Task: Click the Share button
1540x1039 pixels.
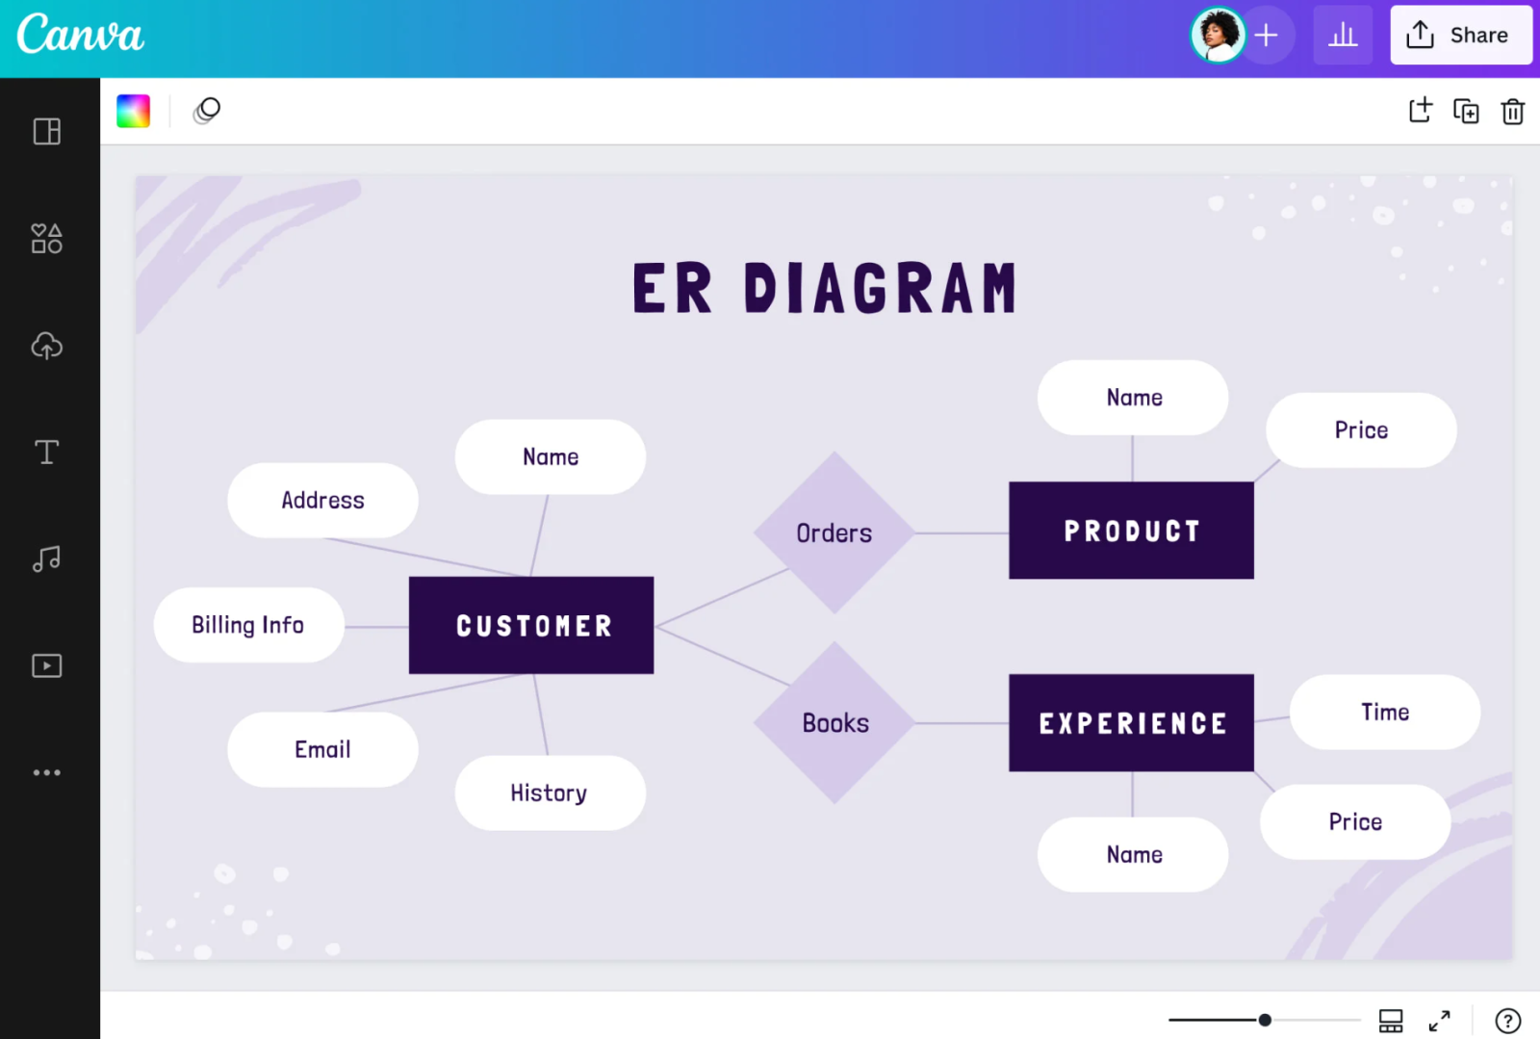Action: [x=1461, y=35]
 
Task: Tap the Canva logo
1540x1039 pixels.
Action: [x=81, y=34]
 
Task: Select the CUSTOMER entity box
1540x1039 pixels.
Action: [x=531, y=625]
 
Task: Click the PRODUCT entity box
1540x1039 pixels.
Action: [x=1132, y=531]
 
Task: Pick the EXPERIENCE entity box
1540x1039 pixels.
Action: [x=1132, y=723]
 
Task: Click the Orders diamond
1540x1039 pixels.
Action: [x=834, y=532]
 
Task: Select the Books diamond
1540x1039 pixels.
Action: [x=834, y=723]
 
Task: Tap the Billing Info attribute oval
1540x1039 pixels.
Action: [x=249, y=625]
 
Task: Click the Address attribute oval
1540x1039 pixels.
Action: [x=323, y=500]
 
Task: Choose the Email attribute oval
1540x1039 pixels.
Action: [x=323, y=749]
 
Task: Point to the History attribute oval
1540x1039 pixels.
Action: [x=550, y=792]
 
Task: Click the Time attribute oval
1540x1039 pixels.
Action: [x=1385, y=712]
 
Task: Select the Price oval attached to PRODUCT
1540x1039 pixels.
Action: [x=1361, y=430]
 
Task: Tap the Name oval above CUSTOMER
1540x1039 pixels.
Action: [x=550, y=456]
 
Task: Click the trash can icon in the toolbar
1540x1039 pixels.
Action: [x=1512, y=112]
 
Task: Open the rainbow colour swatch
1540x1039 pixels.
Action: [x=134, y=111]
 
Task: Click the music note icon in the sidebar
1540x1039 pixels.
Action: [x=47, y=558]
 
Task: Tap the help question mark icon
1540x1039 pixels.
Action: [x=1507, y=1021]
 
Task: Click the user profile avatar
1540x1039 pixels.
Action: [x=1218, y=35]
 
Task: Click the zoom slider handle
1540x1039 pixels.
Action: [x=1265, y=1020]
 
